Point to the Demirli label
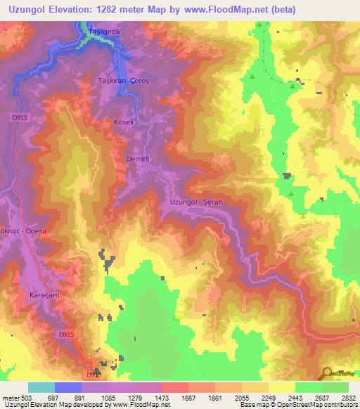tap(136, 159)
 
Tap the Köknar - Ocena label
tap(23, 231)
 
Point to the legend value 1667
tap(188, 398)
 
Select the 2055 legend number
tap(241, 398)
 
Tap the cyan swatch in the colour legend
tap(41, 387)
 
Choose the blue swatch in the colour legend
tap(68, 387)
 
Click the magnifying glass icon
tap(327, 372)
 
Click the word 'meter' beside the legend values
tap(11, 398)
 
